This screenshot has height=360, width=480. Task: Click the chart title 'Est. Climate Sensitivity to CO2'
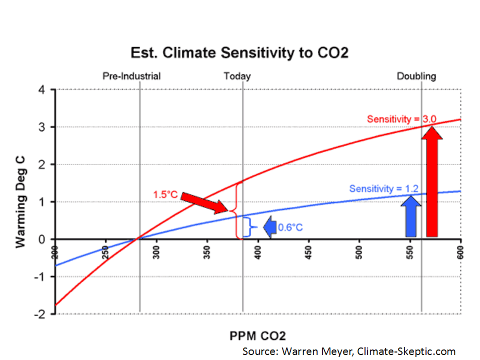tap(239, 53)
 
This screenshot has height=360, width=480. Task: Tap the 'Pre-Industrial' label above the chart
tap(131, 76)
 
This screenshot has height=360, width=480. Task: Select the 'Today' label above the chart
tap(237, 76)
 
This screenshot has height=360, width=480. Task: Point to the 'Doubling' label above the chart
tap(416, 76)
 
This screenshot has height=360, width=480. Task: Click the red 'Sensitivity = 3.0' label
tap(401, 119)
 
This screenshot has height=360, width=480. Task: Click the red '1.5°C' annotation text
tap(165, 194)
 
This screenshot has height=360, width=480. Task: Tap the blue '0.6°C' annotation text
tap(290, 227)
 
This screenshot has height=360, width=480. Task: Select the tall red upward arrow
tap(432, 182)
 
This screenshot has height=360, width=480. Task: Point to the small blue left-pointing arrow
tap(270, 227)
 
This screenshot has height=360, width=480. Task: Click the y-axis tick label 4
tap(41, 90)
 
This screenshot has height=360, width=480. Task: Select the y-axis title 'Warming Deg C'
tap(20, 201)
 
